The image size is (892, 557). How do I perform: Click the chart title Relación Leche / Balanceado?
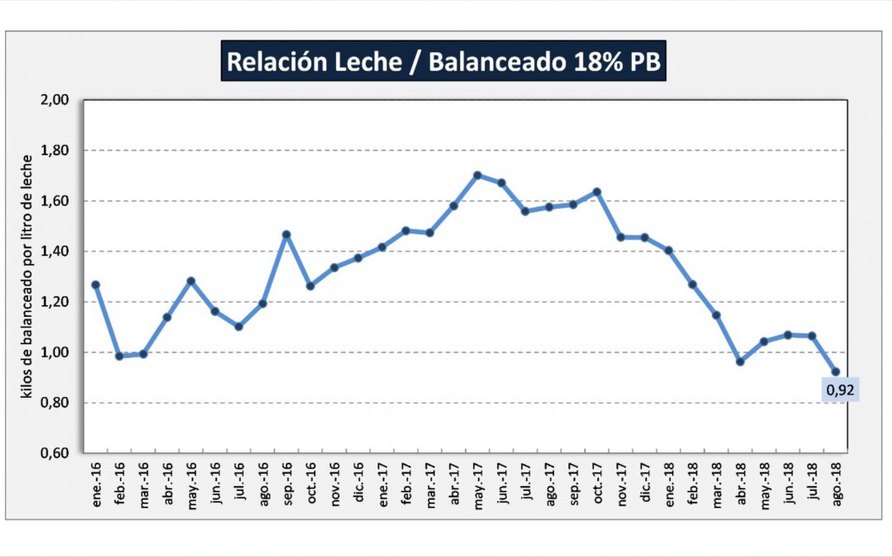pyautogui.click(x=444, y=63)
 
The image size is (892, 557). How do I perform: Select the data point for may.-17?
pyautogui.click(x=477, y=175)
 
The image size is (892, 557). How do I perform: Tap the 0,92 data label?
pyautogui.click(x=840, y=390)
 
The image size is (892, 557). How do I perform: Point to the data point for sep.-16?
pyautogui.click(x=287, y=234)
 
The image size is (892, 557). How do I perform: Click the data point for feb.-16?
pyautogui.click(x=120, y=356)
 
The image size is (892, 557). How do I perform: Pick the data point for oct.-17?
pyautogui.click(x=596, y=191)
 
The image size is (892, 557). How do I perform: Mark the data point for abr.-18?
pyautogui.click(x=740, y=361)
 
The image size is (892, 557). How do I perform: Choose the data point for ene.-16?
pyautogui.click(x=96, y=285)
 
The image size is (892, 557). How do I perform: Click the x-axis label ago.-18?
pyautogui.click(x=837, y=481)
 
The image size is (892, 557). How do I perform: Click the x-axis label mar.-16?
pyautogui.click(x=145, y=481)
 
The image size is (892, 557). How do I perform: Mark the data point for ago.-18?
pyautogui.click(x=836, y=371)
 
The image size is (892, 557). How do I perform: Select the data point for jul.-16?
pyautogui.click(x=239, y=327)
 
